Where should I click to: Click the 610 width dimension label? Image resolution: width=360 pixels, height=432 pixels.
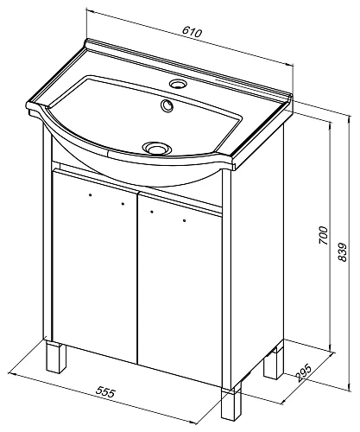[x=192, y=32]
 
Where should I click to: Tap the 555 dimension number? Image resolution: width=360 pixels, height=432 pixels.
[x=105, y=392]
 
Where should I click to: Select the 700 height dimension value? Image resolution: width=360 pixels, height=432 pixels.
[x=323, y=235]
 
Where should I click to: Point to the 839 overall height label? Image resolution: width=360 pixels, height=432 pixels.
[x=343, y=252]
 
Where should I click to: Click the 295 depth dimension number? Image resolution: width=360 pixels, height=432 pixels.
[x=303, y=373]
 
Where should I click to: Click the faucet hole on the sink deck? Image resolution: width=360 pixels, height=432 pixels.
[x=177, y=84]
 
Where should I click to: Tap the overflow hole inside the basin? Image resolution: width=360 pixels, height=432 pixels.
[x=167, y=105]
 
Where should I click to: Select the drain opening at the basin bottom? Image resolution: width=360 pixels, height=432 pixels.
[x=157, y=148]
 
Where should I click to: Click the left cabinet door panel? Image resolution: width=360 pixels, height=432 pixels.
[x=95, y=265]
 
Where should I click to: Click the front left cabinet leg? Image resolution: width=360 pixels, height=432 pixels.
[x=56, y=357]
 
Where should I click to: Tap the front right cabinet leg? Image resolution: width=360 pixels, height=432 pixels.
[x=231, y=405]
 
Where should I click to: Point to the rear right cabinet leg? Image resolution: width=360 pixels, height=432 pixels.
[x=274, y=363]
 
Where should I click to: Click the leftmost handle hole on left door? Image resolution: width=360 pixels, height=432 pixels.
[x=91, y=195]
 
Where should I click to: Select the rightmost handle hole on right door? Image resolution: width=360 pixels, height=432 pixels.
[x=184, y=221]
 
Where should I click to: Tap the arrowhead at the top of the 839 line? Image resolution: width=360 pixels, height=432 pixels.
[x=350, y=119]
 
